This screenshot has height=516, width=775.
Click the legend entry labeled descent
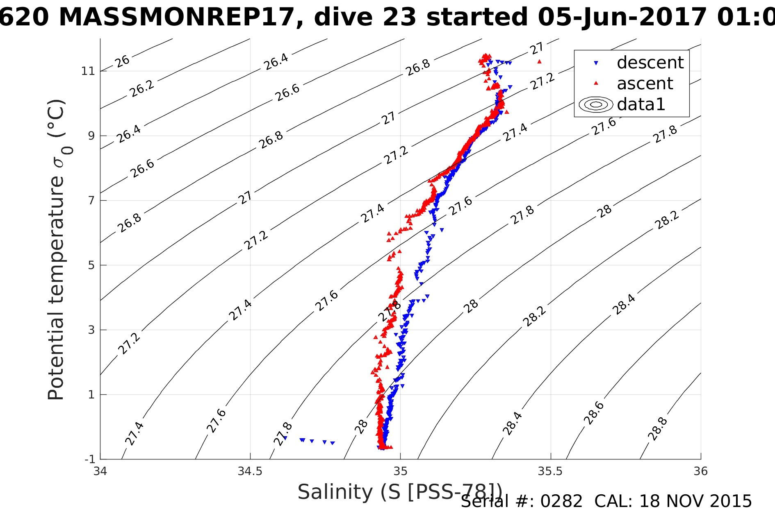650,63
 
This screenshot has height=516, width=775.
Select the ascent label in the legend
645,84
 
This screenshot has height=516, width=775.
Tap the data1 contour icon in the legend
596,104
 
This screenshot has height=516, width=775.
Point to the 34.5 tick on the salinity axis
250,471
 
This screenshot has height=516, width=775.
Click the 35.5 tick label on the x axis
550,471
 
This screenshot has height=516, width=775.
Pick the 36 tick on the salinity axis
700,471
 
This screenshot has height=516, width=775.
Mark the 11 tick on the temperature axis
88,71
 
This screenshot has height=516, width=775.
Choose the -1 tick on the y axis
90,459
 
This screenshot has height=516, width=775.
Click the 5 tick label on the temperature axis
91,265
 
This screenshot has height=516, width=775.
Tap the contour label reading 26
122,61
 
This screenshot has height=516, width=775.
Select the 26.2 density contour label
142,88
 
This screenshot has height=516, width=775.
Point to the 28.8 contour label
658,429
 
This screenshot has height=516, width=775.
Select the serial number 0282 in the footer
561,501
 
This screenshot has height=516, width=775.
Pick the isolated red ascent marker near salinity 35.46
540,61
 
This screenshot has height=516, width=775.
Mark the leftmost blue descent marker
285,438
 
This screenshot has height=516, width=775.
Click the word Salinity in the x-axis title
335,491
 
